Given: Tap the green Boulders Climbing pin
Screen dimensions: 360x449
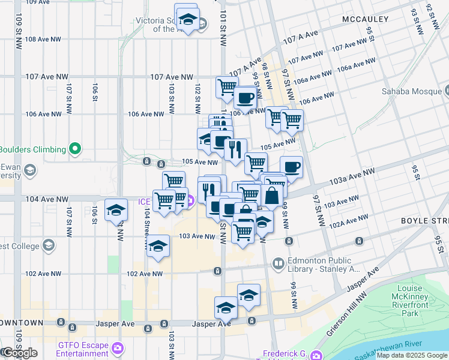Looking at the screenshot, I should (x=74, y=149).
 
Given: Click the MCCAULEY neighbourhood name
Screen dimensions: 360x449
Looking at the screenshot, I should (x=366, y=20).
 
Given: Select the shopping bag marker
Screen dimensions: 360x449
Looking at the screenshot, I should (x=272, y=194).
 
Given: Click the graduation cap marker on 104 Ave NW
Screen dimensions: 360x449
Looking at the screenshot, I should (x=116, y=209).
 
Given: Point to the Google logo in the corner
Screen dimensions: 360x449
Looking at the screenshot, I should (x=20, y=353).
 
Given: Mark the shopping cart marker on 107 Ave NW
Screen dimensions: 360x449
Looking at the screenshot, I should (x=227, y=86).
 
